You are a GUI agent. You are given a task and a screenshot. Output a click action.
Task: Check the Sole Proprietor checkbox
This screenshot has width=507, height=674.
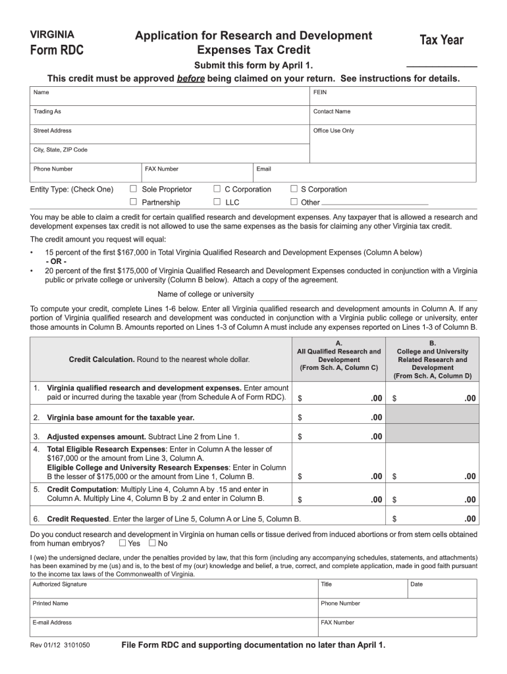pos(133,190)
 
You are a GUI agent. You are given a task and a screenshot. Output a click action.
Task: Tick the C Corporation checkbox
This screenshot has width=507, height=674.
pos(217,190)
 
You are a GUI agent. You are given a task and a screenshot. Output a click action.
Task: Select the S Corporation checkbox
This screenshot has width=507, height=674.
pos(294,190)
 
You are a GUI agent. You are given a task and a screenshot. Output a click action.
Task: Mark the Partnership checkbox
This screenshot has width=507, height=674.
pos(133,202)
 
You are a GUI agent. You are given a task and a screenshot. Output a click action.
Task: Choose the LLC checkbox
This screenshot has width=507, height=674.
pos(217,202)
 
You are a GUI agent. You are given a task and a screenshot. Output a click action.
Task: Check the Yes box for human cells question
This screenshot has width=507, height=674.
pos(122,544)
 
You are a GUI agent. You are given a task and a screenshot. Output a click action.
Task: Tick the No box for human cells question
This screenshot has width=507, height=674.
pos(153,544)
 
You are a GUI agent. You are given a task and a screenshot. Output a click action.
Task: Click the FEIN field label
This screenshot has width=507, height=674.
pos(320,93)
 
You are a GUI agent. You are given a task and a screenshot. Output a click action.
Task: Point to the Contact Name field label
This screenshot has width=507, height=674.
pos(332,112)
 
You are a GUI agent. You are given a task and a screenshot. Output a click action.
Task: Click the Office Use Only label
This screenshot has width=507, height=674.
pos(333,131)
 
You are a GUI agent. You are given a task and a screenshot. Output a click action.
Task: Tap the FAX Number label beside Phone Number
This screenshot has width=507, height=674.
pos(162,169)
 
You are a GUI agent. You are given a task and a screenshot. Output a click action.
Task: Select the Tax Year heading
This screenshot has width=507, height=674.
pos(441,41)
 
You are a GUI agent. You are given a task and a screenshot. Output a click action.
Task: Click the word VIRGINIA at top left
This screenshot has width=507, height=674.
pos(53,34)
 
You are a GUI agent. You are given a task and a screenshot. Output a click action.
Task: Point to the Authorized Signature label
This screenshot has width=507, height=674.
pos(59,584)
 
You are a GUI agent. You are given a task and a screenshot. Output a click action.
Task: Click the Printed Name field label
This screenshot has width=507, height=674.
pos(51,604)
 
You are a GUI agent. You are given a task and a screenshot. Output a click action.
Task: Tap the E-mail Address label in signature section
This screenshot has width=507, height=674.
pos(53,623)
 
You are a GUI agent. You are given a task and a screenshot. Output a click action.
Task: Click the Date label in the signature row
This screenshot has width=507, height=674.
pos(417,584)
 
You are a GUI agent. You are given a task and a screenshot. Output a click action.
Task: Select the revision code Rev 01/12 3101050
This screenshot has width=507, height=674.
pos(60,645)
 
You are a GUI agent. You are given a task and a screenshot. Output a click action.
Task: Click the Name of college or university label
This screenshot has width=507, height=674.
pos(205,294)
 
